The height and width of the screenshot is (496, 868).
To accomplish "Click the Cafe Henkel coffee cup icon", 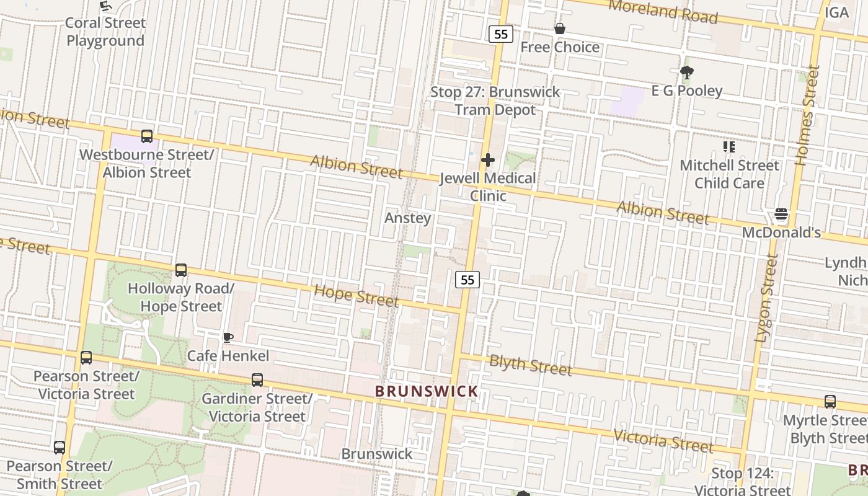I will (x=228, y=338).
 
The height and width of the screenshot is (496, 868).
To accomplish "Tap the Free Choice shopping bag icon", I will (x=560, y=29).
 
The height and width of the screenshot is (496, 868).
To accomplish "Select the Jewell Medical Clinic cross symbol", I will (x=488, y=160).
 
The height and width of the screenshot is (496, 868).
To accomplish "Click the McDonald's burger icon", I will (x=781, y=215).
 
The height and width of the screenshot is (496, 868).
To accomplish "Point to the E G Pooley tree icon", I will (x=686, y=73).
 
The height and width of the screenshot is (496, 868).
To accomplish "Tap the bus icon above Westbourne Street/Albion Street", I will (x=147, y=136).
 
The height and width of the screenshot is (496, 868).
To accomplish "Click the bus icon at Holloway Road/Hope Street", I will (x=181, y=270).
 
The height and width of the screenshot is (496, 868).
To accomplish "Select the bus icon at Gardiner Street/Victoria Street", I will (x=257, y=380).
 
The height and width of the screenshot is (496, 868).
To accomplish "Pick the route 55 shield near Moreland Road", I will (x=501, y=34).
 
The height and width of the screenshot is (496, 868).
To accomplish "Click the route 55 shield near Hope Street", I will (x=468, y=280).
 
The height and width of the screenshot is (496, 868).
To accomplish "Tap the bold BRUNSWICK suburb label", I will (x=427, y=391).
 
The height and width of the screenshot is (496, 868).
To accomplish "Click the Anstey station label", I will (x=407, y=218).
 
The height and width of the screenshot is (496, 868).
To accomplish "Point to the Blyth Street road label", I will (x=530, y=365).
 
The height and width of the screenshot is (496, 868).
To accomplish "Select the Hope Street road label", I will (x=356, y=295).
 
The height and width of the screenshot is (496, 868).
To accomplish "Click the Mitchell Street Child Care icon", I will (x=729, y=147).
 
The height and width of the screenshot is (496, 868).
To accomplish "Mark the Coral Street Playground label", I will (x=105, y=32).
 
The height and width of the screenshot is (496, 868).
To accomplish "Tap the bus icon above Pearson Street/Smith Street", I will (x=60, y=447).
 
